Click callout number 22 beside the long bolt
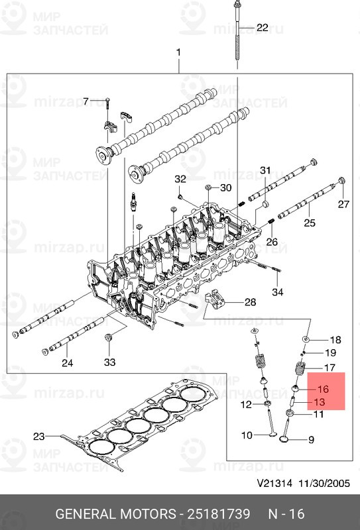coord(263,28)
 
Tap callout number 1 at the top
coord(178,52)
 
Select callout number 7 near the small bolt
coord(85,101)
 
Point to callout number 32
coord(180,180)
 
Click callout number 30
coord(225,187)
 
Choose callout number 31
coord(265,171)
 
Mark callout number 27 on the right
coord(343,205)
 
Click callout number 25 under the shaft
coord(310,223)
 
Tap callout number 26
coord(272,242)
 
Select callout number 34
coord(277,292)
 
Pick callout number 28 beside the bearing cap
coord(249,302)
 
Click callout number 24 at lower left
coord(68,362)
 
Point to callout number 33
coord(109,362)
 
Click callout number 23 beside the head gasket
coord(39,436)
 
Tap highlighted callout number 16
coord(323,390)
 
